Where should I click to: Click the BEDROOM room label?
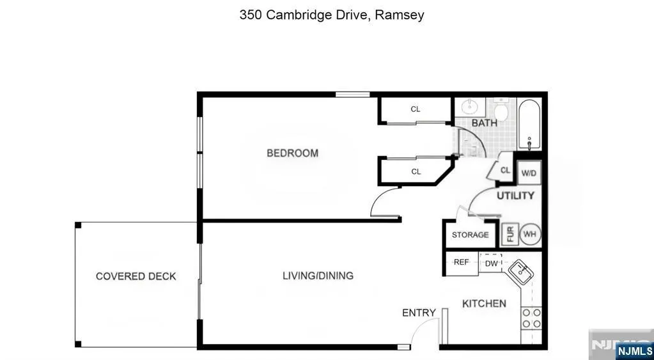pos(292,153)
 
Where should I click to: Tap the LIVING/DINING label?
pos(318,276)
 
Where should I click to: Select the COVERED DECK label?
pos(136,276)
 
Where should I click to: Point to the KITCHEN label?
pos(484,304)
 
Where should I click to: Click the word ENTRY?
pos(419,313)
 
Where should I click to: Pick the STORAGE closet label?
pos(470,235)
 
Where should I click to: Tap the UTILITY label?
pos(515,196)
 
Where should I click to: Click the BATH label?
pos(484,123)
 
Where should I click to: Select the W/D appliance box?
pos(529,173)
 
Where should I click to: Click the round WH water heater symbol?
pos(530,235)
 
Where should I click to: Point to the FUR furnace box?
pos(510,235)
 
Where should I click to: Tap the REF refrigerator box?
pos(462,263)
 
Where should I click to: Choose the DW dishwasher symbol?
pos(491,263)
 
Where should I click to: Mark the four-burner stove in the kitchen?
pos(532,318)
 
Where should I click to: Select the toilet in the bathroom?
pos(500,110)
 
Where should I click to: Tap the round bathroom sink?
pos(470,107)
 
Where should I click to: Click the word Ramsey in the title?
pos(400,15)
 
